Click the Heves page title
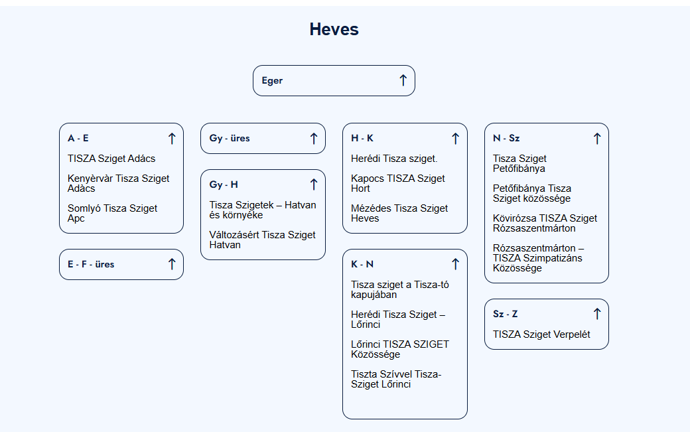pyautogui.click(x=334, y=29)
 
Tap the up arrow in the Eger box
pyautogui.click(x=403, y=80)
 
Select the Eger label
pyautogui.click(x=272, y=81)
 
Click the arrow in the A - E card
pyautogui.click(x=172, y=139)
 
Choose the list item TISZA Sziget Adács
pyautogui.click(x=111, y=159)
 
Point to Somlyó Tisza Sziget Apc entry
pyautogui.click(x=112, y=213)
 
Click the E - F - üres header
pyautogui.click(x=91, y=264)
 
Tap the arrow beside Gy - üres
pyautogui.click(x=313, y=139)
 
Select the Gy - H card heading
pyautogui.click(x=224, y=184)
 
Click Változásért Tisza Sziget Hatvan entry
pyautogui.click(x=262, y=240)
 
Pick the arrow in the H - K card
pyautogui.click(x=455, y=139)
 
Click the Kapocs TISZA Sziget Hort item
pyautogui.click(x=398, y=183)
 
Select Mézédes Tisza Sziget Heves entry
pyautogui.click(x=399, y=213)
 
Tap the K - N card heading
pyautogui.click(x=362, y=264)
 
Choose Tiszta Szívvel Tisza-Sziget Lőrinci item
pyautogui.click(x=396, y=379)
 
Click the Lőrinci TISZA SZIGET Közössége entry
pyautogui.click(x=400, y=349)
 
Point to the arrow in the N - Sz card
pyautogui.click(x=597, y=139)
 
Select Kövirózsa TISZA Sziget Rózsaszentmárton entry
pyautogui.click(x=545, y=223)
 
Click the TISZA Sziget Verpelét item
pyautogui.click(x=541, y=334)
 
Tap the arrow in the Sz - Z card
pyautogui.click(x=597, y=314)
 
